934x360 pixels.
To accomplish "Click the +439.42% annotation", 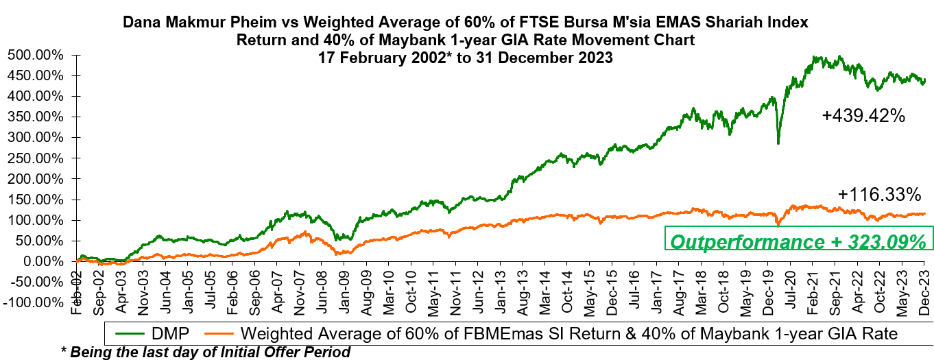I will [x=864, y=117].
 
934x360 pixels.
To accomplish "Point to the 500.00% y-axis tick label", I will [x=36, y=55].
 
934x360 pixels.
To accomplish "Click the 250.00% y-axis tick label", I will [x=36, y=158].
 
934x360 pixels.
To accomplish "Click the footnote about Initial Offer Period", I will [x=206, y=352].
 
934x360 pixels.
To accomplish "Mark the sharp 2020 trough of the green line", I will [x=778, y=143].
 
